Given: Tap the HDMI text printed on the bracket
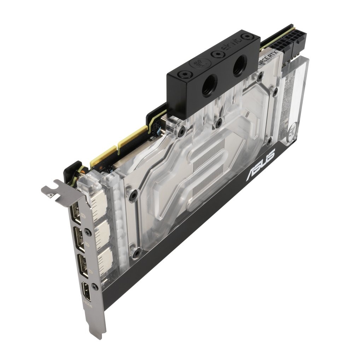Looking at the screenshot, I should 87,305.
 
